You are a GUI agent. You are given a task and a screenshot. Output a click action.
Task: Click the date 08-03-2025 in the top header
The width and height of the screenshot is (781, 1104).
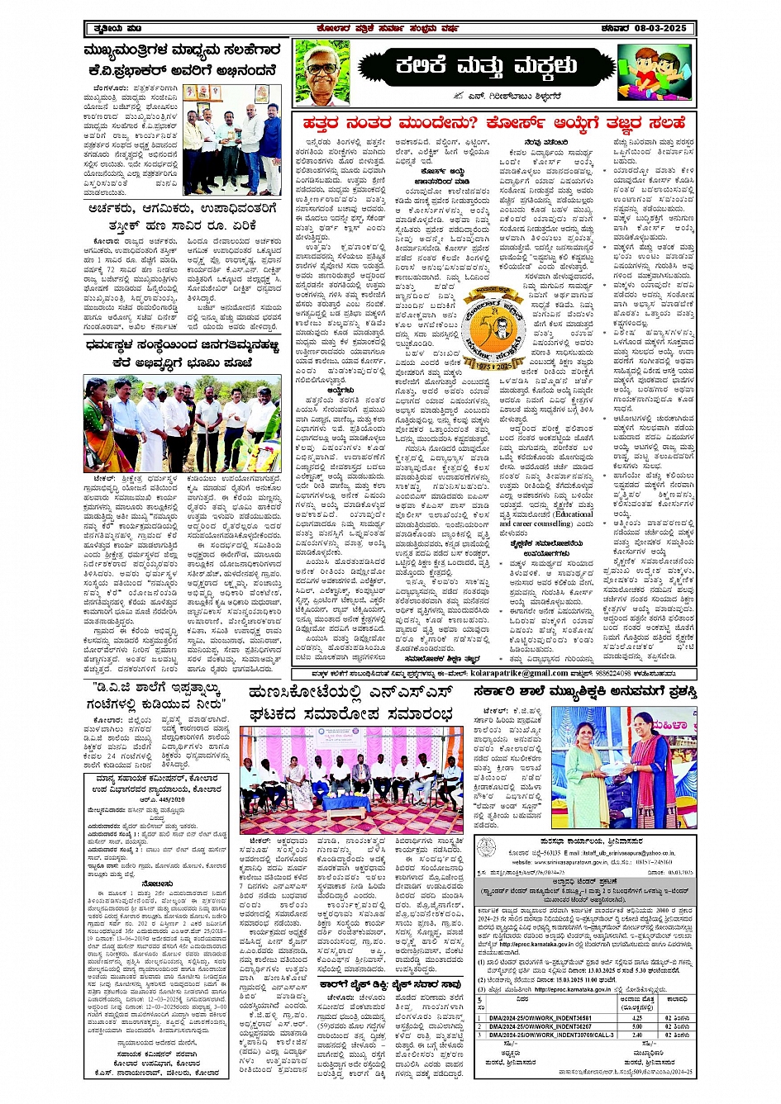click(660, 28)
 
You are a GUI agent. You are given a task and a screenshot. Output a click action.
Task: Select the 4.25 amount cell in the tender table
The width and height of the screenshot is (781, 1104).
click(636, 1017)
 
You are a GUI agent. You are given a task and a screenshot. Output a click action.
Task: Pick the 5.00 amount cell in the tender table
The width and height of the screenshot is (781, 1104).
click(636, 1026)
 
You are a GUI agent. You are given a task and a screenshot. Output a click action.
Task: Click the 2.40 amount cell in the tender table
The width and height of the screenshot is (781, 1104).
click(636, 1034)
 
